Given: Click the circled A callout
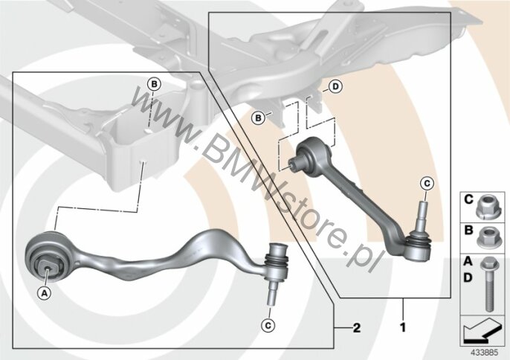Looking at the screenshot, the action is tap(44, 293).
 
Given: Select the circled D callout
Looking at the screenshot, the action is tap(336, 86).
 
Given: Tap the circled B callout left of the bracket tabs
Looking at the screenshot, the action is tap(258, 118).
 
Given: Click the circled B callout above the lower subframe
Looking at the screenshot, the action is tap(154, 84).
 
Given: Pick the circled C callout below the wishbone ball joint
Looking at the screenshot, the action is tap(268, 325).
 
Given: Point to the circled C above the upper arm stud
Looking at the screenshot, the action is tap(427, 184).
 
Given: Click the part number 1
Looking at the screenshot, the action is tap(403, 327).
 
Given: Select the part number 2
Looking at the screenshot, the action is tap(357, 327).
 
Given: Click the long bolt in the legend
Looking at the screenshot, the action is tap(489, 284).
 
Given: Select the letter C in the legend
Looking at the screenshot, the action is tap(468, 199).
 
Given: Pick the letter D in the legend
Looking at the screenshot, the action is tap(468, 277).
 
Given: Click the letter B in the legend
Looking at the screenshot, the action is tap(468, 231).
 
